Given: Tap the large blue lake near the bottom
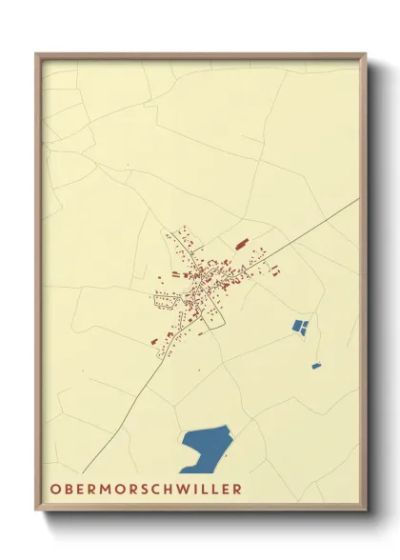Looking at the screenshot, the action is click(207, 444).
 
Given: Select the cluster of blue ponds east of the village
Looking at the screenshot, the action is click(300, 328).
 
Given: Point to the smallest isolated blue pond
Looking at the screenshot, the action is click(316, 366).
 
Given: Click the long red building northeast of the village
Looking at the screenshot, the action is click(241, 244).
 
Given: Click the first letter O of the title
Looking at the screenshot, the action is click(50, 490).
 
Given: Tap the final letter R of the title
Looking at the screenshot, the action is click(236, 490).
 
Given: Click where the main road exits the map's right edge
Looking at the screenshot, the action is click(360, 199).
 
